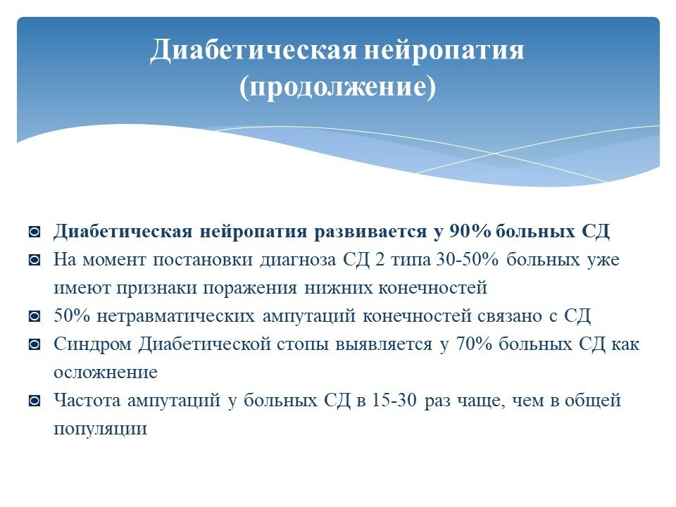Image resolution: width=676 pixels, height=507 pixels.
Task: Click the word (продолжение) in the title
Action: (337, 87)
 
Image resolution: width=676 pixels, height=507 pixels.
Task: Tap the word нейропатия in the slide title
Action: (444, 51)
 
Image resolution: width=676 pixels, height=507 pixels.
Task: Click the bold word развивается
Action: (370, 232)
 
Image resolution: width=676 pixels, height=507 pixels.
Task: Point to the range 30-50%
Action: (468, 260)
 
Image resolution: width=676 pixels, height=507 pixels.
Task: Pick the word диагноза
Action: (298, 261)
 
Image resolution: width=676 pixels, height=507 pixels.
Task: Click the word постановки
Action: (203, 260)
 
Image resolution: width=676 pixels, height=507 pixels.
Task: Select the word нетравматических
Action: (176, 316)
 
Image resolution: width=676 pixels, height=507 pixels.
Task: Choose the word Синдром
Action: (93, 344)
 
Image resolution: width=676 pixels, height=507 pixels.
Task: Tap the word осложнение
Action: (106, 373)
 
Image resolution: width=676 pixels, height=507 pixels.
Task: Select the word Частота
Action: (87, 401)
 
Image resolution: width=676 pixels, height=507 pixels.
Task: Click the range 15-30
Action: (394, 401)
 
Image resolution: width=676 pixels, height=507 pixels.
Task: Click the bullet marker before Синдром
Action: (35, 344)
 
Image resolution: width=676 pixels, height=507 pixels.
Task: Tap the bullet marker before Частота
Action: (35, 401)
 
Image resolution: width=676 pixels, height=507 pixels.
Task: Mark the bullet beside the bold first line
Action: (35, 232)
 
